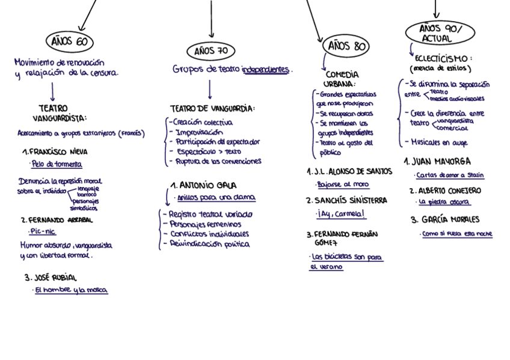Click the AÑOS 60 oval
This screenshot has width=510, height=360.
point(70,41)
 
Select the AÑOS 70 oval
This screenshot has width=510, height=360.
point(210,51)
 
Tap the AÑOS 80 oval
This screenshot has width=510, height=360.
point(346,46)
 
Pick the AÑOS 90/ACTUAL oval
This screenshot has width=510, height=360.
point(440,33)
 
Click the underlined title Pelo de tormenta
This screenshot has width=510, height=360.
point(57,164)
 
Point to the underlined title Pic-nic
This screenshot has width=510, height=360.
point(43,231)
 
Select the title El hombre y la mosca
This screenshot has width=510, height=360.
point(71,290)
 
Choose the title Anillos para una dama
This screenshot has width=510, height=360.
point(216,197)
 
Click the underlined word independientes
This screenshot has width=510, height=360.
point(266,70)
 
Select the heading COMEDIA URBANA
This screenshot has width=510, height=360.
point(341,79)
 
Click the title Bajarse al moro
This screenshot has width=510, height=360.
point(343,185)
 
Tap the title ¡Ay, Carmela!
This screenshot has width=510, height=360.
point(341,213)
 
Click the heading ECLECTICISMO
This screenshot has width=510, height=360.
point(443,58)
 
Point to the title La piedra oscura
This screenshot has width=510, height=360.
point(444,202)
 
